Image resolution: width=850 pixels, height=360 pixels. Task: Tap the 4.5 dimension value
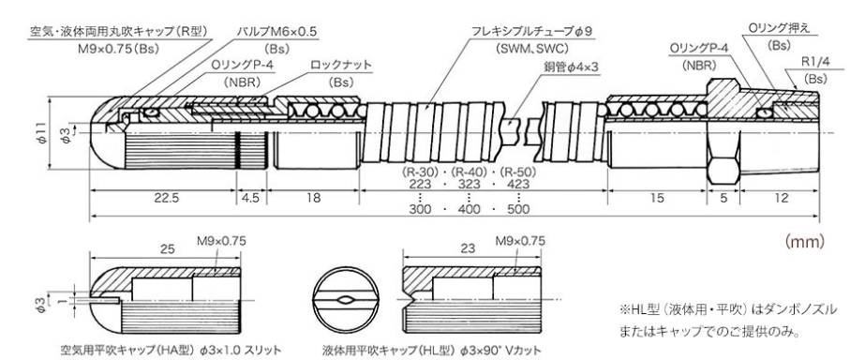coord(250,198)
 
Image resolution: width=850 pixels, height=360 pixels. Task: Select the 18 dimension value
coord(313,198)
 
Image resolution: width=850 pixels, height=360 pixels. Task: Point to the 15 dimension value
coord(656,198)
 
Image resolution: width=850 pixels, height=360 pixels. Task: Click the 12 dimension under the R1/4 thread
coord(782,198)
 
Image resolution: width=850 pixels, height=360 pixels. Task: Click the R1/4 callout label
coord(815,61)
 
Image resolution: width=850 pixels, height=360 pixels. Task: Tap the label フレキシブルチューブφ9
coord(531,32)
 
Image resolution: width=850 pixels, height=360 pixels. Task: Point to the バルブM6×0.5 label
coord(277,32)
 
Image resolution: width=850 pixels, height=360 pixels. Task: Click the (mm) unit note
coord(804,241)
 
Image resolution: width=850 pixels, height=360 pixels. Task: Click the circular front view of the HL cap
coord(345,300)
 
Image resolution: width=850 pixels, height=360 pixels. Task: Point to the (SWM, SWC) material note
coord(531,49)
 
